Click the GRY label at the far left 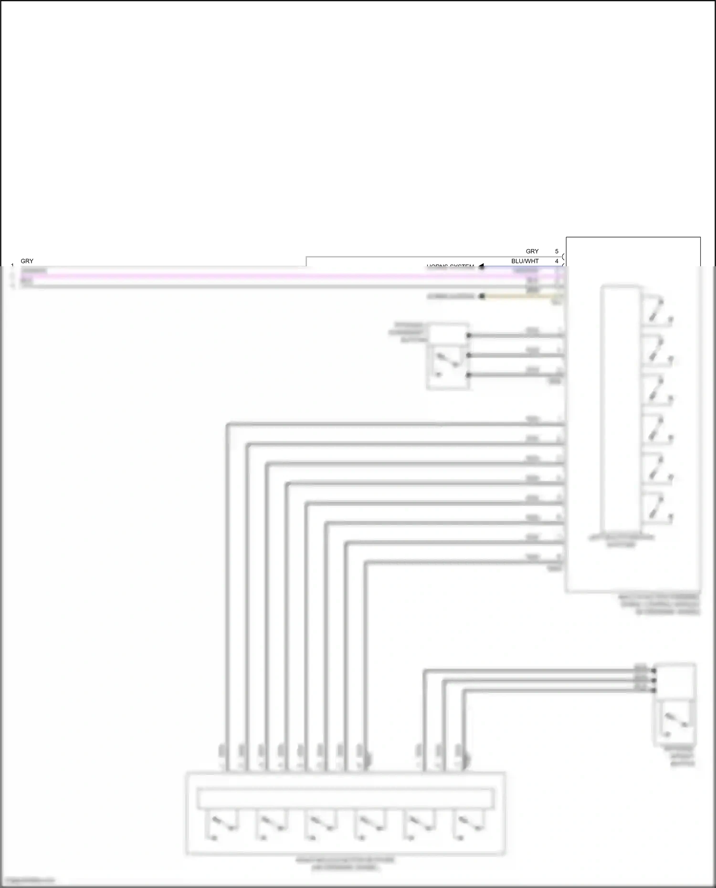tap(27, 261)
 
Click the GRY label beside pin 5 tap(532, 251)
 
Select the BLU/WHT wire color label tap(525, 261)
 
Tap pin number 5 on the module tap(557, 251)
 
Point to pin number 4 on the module tap(557, 261)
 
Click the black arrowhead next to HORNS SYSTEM tap(481, 266)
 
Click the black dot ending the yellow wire tap(482, 296)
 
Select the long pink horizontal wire tap(286, 276)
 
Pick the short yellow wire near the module tap(520, 296)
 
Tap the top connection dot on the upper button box tap(469, 335)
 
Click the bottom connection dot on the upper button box tap(469, 375)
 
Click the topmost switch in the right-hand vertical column tap(658, 311)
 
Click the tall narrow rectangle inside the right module tap(621, 408)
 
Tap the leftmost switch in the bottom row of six tap(221, 825)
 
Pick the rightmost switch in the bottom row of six tap(470, 825)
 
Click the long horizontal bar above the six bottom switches tap(345, 799)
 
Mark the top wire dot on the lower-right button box tap(654, 671)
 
